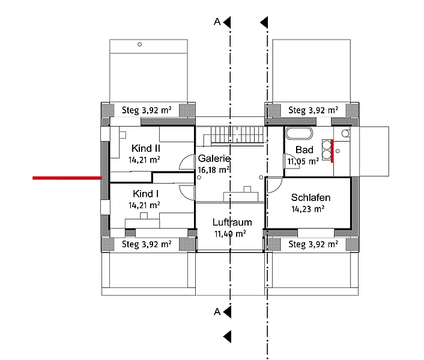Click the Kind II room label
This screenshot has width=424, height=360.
point(146,148)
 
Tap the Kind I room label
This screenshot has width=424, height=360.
point(145,194)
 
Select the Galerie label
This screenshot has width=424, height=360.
point(214,158)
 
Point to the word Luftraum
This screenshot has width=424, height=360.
point(232,222)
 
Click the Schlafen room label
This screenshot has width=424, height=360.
point(310,197)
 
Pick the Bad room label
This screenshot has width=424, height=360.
point(304,149)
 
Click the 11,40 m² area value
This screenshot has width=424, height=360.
point(230,233)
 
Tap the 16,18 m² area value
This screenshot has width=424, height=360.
point(214,170)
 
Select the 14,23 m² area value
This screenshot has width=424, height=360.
point(307,209)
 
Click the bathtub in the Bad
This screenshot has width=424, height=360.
point(299,133)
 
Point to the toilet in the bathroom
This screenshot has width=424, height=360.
point(345,133)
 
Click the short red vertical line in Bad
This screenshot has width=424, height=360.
point(332,151)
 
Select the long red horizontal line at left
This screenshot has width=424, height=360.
point(67,178)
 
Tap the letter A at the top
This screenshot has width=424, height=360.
point(217,22)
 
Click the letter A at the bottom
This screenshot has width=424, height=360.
point(217,311)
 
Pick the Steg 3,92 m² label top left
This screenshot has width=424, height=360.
point(147,110)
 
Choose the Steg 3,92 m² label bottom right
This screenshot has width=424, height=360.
point(313,244)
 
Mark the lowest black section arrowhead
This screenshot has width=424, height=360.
point(227,337)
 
